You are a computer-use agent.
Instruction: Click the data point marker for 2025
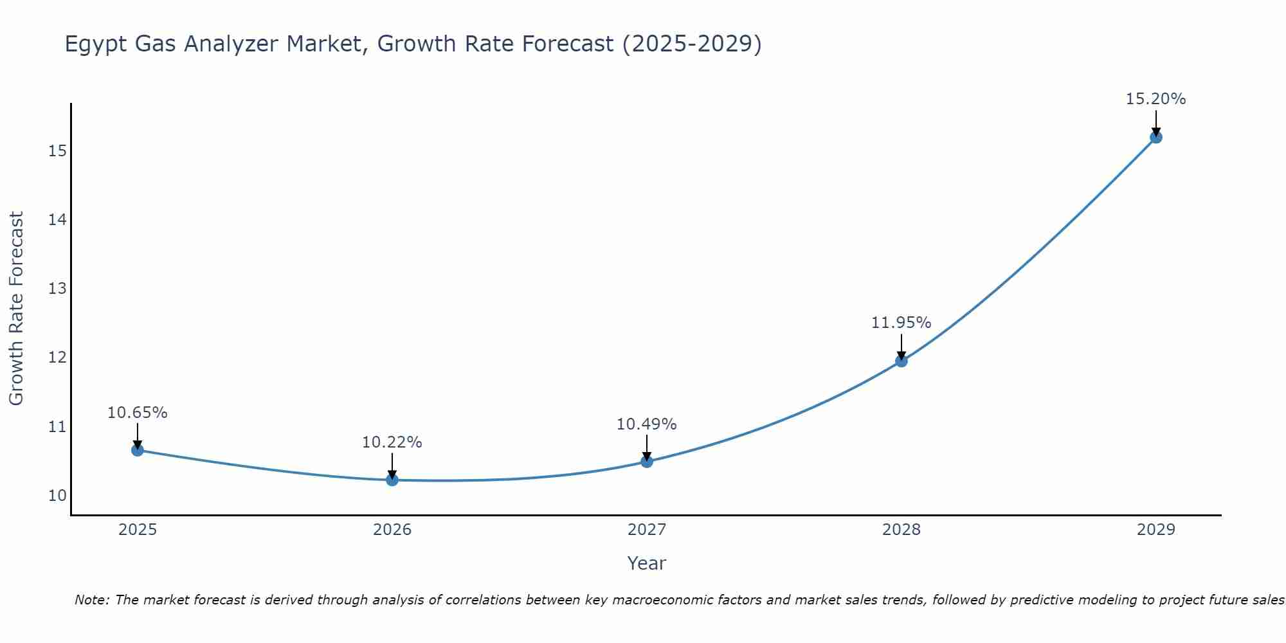coord(138,450)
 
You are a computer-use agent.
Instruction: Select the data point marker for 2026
coord(392,480)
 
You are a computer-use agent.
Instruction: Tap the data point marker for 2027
coord(647,461)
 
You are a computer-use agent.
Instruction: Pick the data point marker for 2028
coord(901,361)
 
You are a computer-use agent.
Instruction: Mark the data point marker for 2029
coord(1156,137)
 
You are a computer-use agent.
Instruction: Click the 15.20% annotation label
coord(1155,99)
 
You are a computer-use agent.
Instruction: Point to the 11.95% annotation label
coord(901,323)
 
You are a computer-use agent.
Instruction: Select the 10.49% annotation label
coord(646,424)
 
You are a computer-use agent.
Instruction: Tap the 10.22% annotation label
coord(392,442)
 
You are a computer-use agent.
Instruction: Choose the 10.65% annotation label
coord(137,413)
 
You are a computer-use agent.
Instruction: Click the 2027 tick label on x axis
coord(647,530)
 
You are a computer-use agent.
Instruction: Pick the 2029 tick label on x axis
coord(1156,530)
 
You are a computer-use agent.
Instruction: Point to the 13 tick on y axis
coord(57,289)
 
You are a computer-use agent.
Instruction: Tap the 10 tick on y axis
coord(57,496)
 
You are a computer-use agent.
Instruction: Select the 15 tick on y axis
coord(57,151)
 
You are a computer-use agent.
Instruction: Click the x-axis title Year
coord(646,563)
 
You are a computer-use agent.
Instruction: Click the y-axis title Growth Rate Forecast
coord(16,309)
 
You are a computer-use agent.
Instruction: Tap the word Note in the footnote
coord(92,600)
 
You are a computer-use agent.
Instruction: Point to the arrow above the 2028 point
coord(901,346)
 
